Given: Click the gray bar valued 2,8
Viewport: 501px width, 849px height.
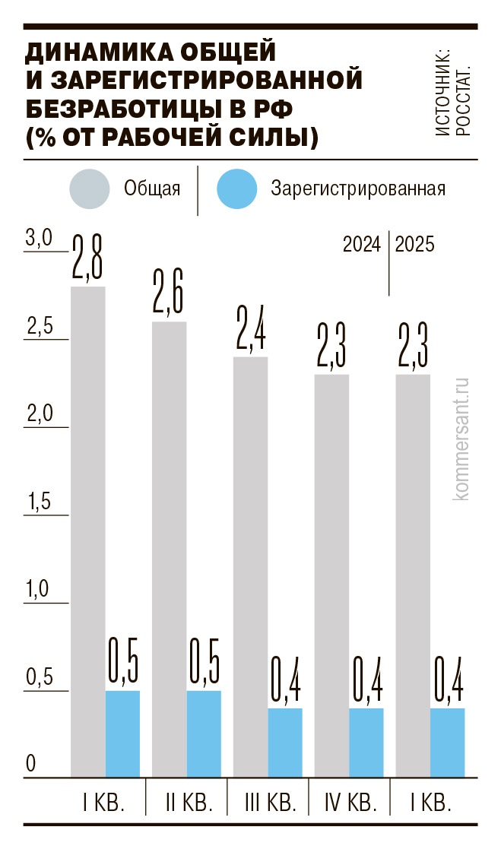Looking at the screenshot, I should point(88,532).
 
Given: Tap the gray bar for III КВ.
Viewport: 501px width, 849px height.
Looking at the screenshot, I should point(250,566).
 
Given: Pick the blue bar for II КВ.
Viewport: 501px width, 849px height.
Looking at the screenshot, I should point(204,734).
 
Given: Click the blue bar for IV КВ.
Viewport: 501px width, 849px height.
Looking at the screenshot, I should point(366,743).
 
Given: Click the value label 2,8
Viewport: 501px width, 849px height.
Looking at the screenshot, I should point(88,259).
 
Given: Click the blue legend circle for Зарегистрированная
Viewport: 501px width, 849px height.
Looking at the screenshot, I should point(238,188).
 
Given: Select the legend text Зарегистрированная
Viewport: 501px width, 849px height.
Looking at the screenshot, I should point(358,188).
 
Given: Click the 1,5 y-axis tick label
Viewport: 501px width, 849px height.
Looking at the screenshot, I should point(38,502).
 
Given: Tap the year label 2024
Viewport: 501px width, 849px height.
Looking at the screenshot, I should point(362,246).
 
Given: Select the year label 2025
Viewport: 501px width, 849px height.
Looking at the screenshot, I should point(415,246).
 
